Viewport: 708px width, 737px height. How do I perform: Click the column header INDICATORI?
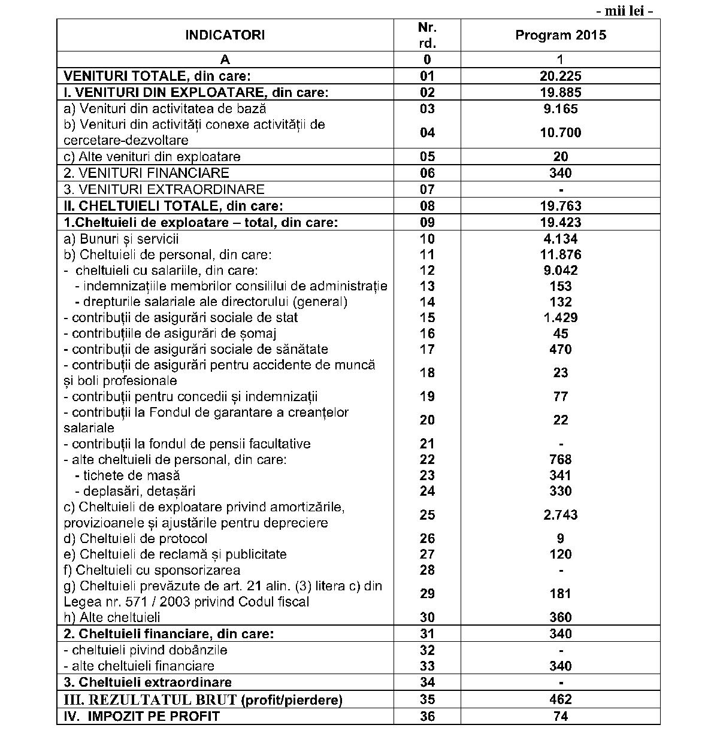point(225,35)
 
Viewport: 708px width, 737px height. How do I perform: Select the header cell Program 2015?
point(560,35)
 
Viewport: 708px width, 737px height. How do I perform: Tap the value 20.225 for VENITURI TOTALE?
point(560,76)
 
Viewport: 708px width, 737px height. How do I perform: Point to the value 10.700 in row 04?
point(560,133)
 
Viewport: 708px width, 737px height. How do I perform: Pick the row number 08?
point(427,206)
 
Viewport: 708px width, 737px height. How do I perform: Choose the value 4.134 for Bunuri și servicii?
point(560,239)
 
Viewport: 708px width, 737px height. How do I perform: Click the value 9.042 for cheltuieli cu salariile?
point(560,271)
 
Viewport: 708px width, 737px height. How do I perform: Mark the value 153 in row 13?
point(560,286)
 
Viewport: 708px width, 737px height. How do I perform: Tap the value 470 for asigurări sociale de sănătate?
point(560,349)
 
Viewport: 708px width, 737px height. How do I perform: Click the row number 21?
point(427,444)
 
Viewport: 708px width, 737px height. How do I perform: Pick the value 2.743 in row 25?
point(560,515)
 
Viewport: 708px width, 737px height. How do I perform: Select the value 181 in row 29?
point(560,594)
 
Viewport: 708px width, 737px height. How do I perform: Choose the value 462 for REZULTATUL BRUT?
point(560,699)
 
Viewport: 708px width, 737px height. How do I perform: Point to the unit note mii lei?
point(624,11)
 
